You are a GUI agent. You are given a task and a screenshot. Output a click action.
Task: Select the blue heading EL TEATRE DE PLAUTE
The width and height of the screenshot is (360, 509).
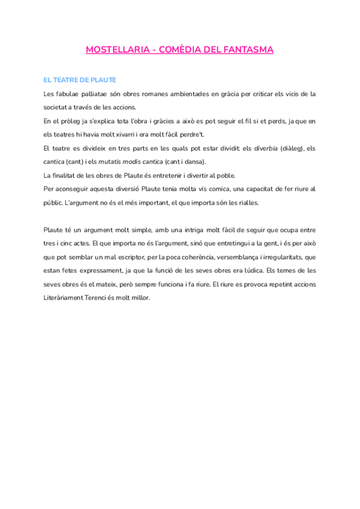click(80, 80)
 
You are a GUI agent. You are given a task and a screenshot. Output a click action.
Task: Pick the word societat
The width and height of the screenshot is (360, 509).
click(58, 107)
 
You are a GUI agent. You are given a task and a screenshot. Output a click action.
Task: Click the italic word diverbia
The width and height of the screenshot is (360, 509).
click(265, 148)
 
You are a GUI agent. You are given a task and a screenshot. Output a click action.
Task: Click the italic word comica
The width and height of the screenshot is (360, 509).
click(218, 189)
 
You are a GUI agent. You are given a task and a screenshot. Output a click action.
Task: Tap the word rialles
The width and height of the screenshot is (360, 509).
click(247, 202)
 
